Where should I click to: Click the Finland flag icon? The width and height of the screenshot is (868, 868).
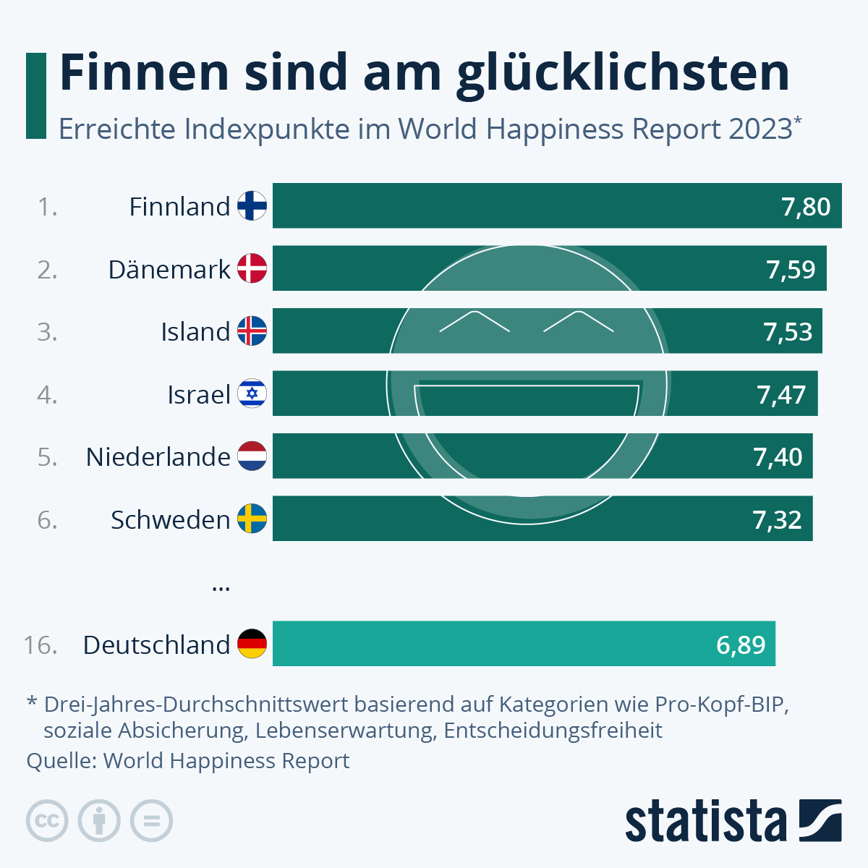coord(252,206)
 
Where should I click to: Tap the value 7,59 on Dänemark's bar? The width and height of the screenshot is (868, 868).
coord(791,269)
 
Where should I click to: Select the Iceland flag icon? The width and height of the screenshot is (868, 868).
coord(252,331)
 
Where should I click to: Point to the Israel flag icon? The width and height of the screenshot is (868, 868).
coord(252,394)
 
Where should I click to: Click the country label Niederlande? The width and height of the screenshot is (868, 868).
coord(158,456)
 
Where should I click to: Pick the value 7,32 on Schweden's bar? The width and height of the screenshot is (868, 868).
coord(777,519)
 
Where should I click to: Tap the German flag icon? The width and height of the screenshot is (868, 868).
coord(252,644)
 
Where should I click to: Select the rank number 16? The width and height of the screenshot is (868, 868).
coord(41,644)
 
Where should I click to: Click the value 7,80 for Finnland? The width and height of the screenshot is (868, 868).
coord(806,207)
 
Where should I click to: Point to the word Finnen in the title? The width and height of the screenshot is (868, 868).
coord(144,72)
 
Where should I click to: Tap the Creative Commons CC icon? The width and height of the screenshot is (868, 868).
coord(47,821)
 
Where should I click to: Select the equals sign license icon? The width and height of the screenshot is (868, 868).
coord(151,821)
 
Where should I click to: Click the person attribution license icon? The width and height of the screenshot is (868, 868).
coord(99,821)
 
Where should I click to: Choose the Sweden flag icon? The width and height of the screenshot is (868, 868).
coord(252,519)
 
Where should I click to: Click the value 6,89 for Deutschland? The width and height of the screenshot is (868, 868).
coord(741,644)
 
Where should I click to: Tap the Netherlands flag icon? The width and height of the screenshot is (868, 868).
coord(252,456)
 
